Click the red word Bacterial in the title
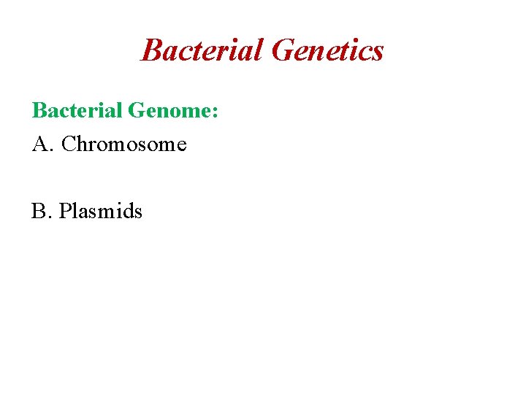tap(202, 50)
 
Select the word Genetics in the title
tap(327, 50)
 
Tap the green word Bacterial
tap(77, 111)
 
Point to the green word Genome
tap(169, 111)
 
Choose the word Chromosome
tap(124, 144)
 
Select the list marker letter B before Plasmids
tap(38, 212)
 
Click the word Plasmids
tap(101, 212)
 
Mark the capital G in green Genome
tap(137, 111)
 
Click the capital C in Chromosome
tap(69, 144)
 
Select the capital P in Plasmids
tap(65, 212)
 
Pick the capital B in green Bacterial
tap(39, 111)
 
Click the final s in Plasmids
tap(138, 213)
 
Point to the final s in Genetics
tap(377, 53)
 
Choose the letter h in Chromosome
tap(83, 144)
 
